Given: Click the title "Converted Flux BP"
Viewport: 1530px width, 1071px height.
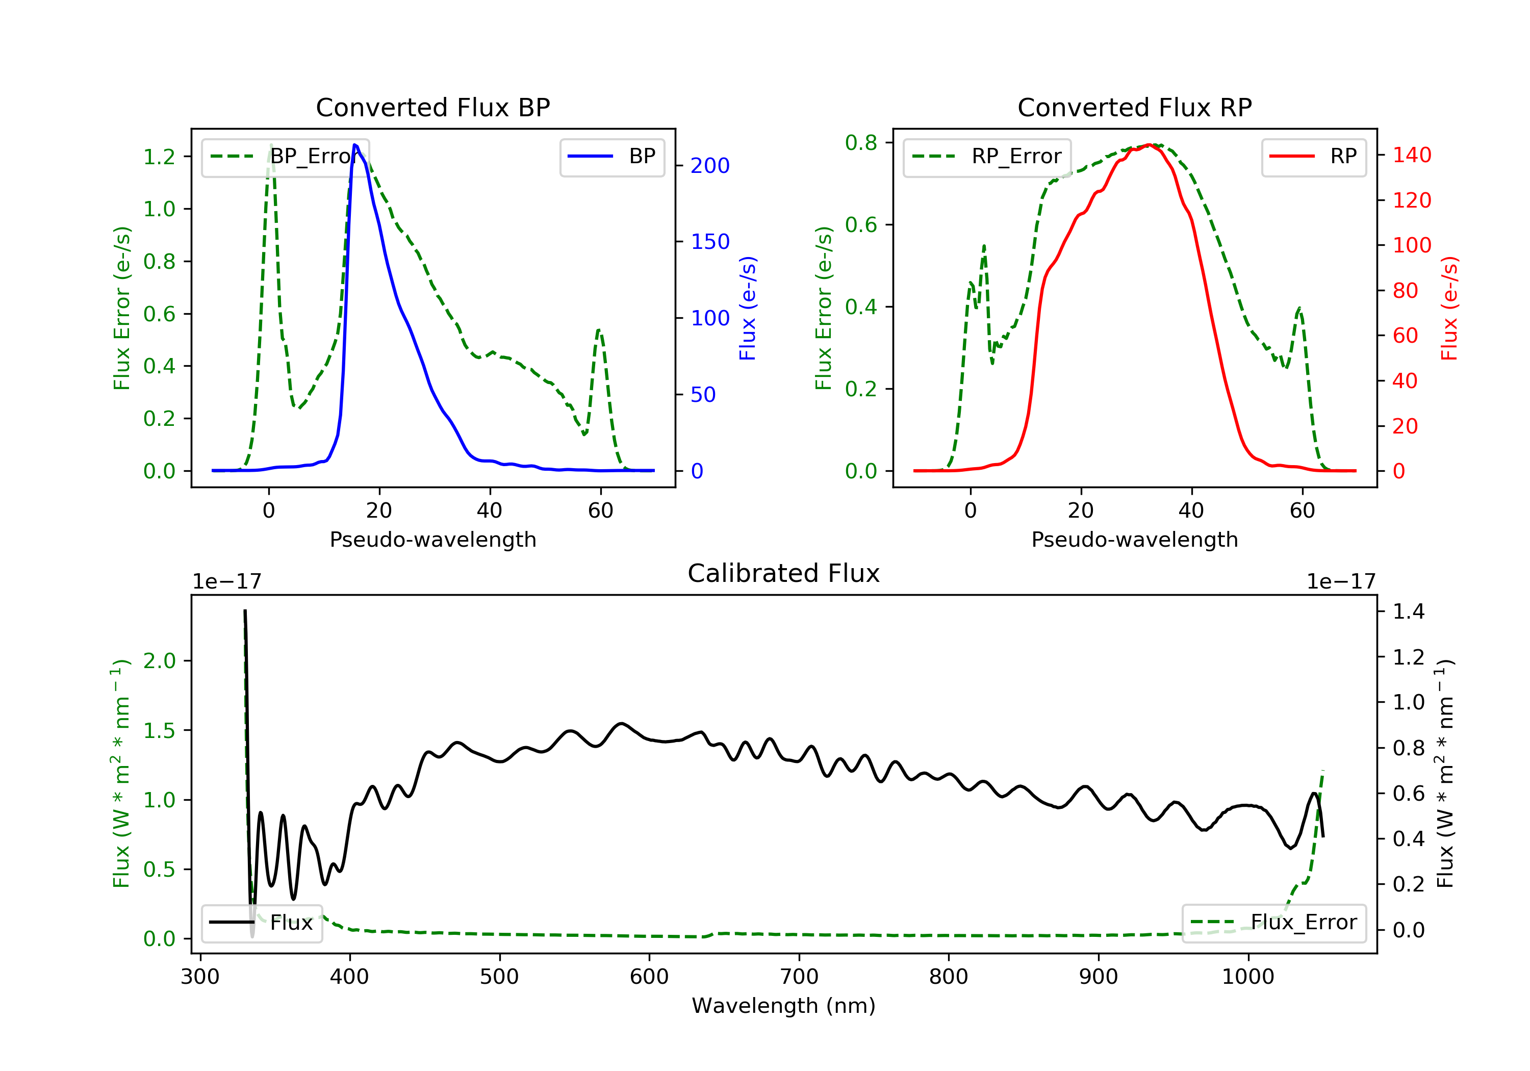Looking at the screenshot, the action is click(432, 107).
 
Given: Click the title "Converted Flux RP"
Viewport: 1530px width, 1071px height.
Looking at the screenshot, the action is click(1134, 107).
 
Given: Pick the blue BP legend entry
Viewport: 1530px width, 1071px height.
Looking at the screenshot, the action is click(611, 157).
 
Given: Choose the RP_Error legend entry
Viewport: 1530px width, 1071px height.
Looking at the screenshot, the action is click(987, 157).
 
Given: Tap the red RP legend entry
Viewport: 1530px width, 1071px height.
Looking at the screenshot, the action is click(1313, 157).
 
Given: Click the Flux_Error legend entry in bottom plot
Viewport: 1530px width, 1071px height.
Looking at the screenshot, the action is click(1273, 923).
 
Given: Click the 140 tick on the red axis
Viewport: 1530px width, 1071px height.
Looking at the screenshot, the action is click(1411, 155).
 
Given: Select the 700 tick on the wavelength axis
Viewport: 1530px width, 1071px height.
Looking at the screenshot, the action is click(798, 977).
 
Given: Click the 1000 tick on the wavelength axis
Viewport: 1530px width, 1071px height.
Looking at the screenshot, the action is click(1247, 977).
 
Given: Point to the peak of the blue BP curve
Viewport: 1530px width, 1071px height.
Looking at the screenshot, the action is click(355, 145).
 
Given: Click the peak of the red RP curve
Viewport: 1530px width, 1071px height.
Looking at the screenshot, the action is click(1150, 145).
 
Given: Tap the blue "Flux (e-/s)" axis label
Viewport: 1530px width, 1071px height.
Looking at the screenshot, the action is click(748, 309).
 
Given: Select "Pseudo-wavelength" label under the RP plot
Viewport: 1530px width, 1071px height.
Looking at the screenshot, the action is click(1134, 540).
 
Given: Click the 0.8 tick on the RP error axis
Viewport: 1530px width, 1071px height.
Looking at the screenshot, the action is click(861, 143).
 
